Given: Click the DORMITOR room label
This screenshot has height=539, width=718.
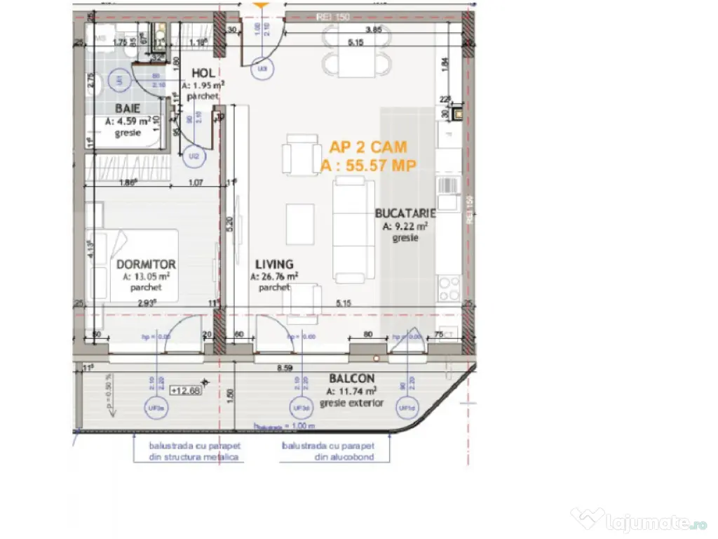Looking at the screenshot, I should point(146,265).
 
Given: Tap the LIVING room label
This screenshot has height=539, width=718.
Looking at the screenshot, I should point(274,265).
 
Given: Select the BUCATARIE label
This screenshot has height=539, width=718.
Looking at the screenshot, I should point(405,213).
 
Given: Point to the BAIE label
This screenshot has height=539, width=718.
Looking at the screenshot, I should point(128,108).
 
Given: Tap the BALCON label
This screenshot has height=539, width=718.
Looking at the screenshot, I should point(351,379).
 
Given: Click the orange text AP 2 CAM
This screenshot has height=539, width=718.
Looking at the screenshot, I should point(368,147).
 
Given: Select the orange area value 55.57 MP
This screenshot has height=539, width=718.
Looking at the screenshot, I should point(368,166).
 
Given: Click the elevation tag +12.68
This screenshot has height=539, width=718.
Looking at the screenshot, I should point(185,391).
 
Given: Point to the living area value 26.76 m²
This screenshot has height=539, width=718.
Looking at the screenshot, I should point(274,277).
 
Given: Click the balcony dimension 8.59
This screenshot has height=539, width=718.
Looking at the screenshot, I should point(284,367).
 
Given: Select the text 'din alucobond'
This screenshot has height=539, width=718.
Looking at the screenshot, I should point(327,457).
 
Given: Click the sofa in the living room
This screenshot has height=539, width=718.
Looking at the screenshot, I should point(353,229).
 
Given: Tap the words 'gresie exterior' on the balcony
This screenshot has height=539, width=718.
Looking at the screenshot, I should point(351,403).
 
